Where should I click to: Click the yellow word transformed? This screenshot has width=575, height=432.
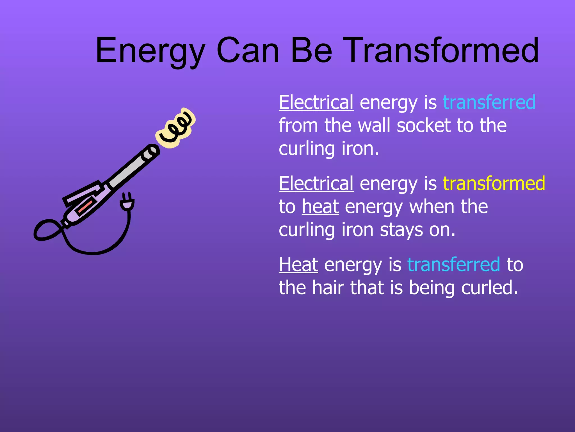tap(494, 183)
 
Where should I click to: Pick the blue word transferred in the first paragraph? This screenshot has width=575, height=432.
tap(489, 102)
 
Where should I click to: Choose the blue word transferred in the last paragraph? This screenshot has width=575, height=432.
tap(453, 265)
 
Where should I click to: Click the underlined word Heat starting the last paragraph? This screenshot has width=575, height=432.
tap(298, 265)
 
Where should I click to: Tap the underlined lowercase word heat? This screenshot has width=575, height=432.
tap(320, 207)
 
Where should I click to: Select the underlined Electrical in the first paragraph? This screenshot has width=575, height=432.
tap(316, 102)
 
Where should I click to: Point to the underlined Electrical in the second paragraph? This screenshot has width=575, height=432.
tap(316, 183)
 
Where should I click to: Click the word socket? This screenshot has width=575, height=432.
tap(424, 125)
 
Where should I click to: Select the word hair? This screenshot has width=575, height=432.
tap(328, 288)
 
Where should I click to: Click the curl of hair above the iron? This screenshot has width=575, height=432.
tap(175, 128)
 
